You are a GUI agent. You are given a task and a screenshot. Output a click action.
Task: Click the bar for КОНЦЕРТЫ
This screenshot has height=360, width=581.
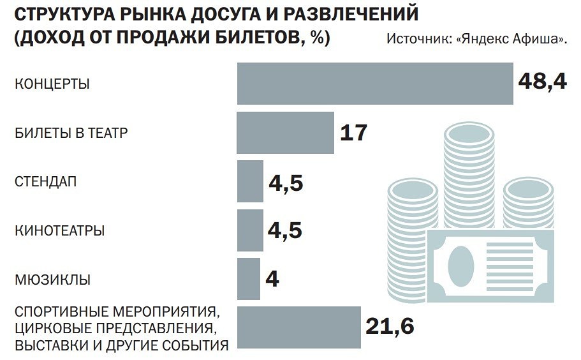coord(375,83)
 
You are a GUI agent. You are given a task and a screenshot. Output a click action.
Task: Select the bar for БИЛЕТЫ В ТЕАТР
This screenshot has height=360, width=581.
coord(285,133)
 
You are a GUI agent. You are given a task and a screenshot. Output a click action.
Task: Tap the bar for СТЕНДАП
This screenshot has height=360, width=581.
coord(249,181)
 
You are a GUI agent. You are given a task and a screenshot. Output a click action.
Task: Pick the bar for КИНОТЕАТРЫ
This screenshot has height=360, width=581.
coord(249,230)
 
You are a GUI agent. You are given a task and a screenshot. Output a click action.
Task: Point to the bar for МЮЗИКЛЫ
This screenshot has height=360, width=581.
coord(248,279)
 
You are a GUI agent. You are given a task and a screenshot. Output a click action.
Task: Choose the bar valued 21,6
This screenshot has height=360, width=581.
coord(298,327)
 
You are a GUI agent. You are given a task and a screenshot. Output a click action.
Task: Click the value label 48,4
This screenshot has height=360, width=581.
coord(542,82)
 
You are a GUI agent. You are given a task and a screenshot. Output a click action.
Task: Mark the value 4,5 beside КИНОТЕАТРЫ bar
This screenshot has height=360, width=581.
coord(285,230)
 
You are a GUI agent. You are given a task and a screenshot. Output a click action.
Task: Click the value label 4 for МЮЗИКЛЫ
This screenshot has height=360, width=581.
coord(272,280)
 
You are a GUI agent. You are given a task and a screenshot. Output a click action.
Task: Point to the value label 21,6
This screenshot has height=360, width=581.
coord(390,327)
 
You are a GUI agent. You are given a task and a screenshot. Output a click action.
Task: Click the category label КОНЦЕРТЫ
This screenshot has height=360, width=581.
coord(52,84)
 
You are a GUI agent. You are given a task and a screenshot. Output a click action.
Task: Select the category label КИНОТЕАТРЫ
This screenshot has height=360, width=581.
coord(59,231)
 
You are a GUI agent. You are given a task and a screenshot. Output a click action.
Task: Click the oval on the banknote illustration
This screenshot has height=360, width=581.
coord(461,266)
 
